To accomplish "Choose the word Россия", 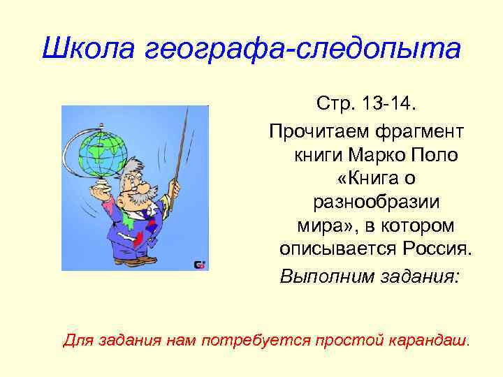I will [x=437, y=249].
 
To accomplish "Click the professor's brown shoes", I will [x=136, y=260].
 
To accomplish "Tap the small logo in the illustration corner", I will [x=199, y=264].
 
